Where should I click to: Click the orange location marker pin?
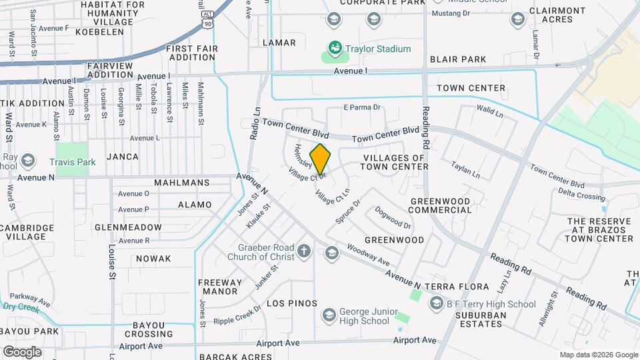(x=321, y=159)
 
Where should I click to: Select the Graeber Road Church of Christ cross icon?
(x=304, y=251)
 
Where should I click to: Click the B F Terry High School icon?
(x=436, y=304)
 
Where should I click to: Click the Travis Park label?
(x=73, y=161)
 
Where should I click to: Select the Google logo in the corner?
(x=22, y=352)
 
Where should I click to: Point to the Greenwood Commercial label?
(x=441, y=205)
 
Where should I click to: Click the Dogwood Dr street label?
(x=393, y=216)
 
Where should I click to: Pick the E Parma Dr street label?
(x=361, y=107)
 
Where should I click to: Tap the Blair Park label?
(x=458, y=59)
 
